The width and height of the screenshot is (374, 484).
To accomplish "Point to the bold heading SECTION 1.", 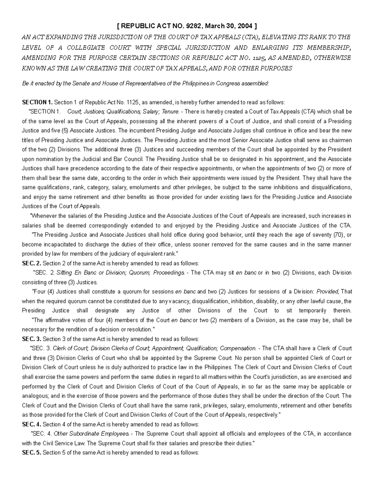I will tap(37, 102).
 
